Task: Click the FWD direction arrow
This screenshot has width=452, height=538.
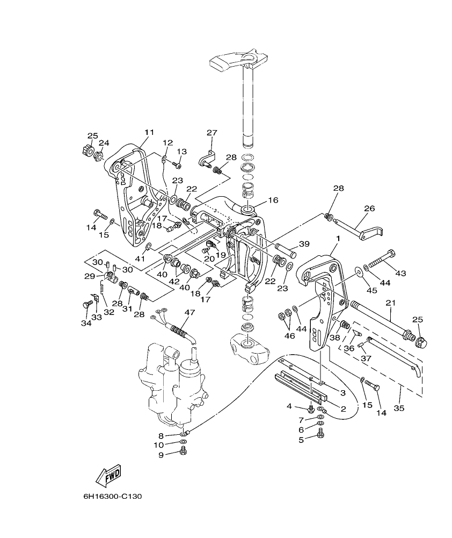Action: tap(108, 475)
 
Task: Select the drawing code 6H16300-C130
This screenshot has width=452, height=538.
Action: tap(112, 496)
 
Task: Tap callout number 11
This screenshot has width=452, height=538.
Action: tap(149, 132)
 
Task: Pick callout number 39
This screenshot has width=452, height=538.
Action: tap(304, 244)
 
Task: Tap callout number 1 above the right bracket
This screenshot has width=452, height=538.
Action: tap(338, 238)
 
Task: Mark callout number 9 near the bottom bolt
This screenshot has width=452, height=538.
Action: tap(161, 455)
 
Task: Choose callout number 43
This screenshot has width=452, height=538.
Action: tap(400, 273)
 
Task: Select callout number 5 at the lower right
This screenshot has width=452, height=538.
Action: tap(301, 439)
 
